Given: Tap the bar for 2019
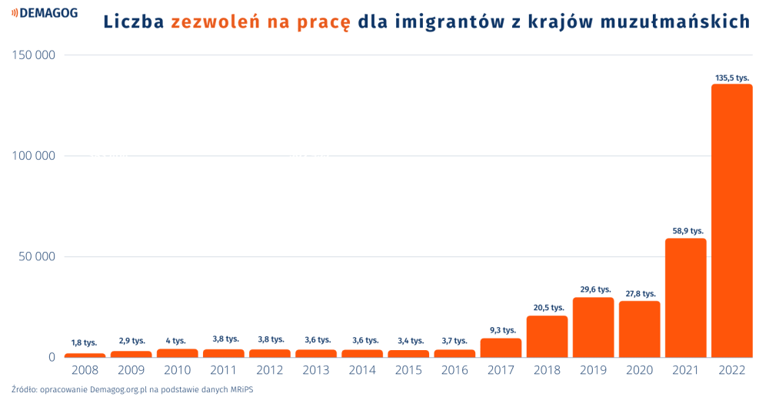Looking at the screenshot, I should click(x=593, y=327).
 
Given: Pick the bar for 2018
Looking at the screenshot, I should click(x=547, y=336).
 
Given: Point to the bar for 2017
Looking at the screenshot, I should click(x=501, y=348).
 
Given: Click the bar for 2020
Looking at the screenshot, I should click(x=639, y=329).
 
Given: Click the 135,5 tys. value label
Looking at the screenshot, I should click(x=731, y=78).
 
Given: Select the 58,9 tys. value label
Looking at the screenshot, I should click(x=685, y=230).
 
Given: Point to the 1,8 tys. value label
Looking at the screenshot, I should click(x=85, y=342).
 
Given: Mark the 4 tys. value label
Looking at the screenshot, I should click(x=176, y=341).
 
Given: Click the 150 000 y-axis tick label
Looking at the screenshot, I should click(x=34, y=55).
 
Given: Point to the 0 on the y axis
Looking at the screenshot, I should click(x=52, y=357).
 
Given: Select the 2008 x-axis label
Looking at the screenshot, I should click(x=85, y=370).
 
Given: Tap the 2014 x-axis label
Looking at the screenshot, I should click(x=362, y=370).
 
